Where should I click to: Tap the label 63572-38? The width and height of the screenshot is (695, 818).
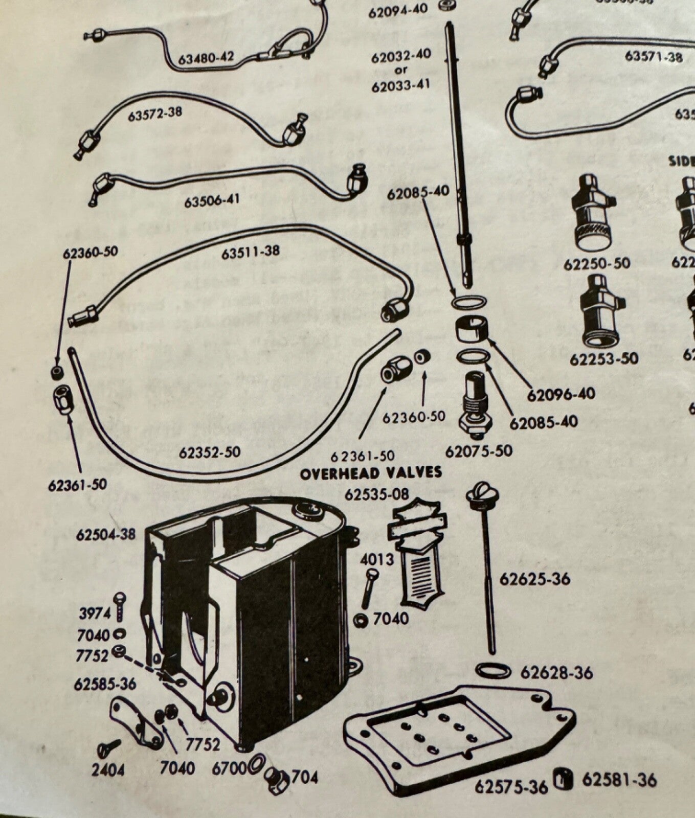click(155, 113)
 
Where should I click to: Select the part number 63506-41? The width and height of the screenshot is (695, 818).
click(212, 200)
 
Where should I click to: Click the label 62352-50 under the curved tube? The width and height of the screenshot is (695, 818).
click(210, 452)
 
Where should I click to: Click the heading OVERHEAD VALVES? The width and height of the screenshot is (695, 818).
click(371, 472)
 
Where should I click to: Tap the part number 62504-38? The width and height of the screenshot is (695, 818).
click(106, 534)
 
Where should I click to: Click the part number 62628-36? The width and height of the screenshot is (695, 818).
click(556, 672)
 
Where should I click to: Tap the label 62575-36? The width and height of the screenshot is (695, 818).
click(511, 786)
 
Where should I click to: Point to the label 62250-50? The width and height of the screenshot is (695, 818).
click(597, 264)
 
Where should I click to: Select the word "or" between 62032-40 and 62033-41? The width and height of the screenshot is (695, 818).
click(401, 70)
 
